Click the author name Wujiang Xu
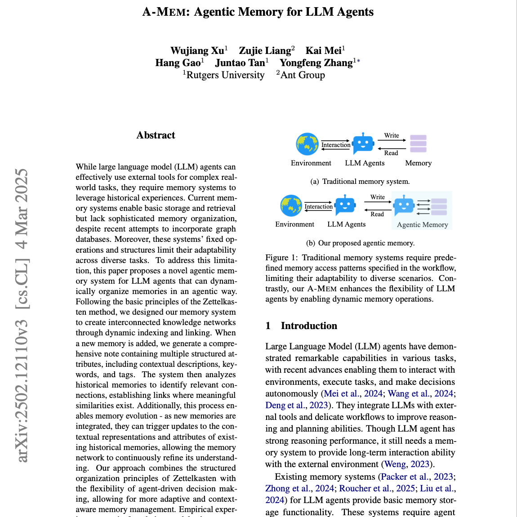(x=197, y=50)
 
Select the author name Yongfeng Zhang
(x=316, y=62)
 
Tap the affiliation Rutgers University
(x=225, y=75)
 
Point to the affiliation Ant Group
(x=303, y=75)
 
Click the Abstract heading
(x=156, y=135)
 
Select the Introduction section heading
(x=309, y=326)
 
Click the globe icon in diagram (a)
(x=307, y=144)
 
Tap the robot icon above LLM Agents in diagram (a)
(x=363, y=144)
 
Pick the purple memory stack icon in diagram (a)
(x=418, y=144)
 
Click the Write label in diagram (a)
(x=392, y=135)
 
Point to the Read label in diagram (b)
(x=377, y=214)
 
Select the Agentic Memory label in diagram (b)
(x=422, y=225)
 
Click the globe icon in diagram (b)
(x=291, y=205)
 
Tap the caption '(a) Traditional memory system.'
(x=360, y=182)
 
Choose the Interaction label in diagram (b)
(x=318, y=207)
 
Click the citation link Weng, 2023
(x=407, y=464)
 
